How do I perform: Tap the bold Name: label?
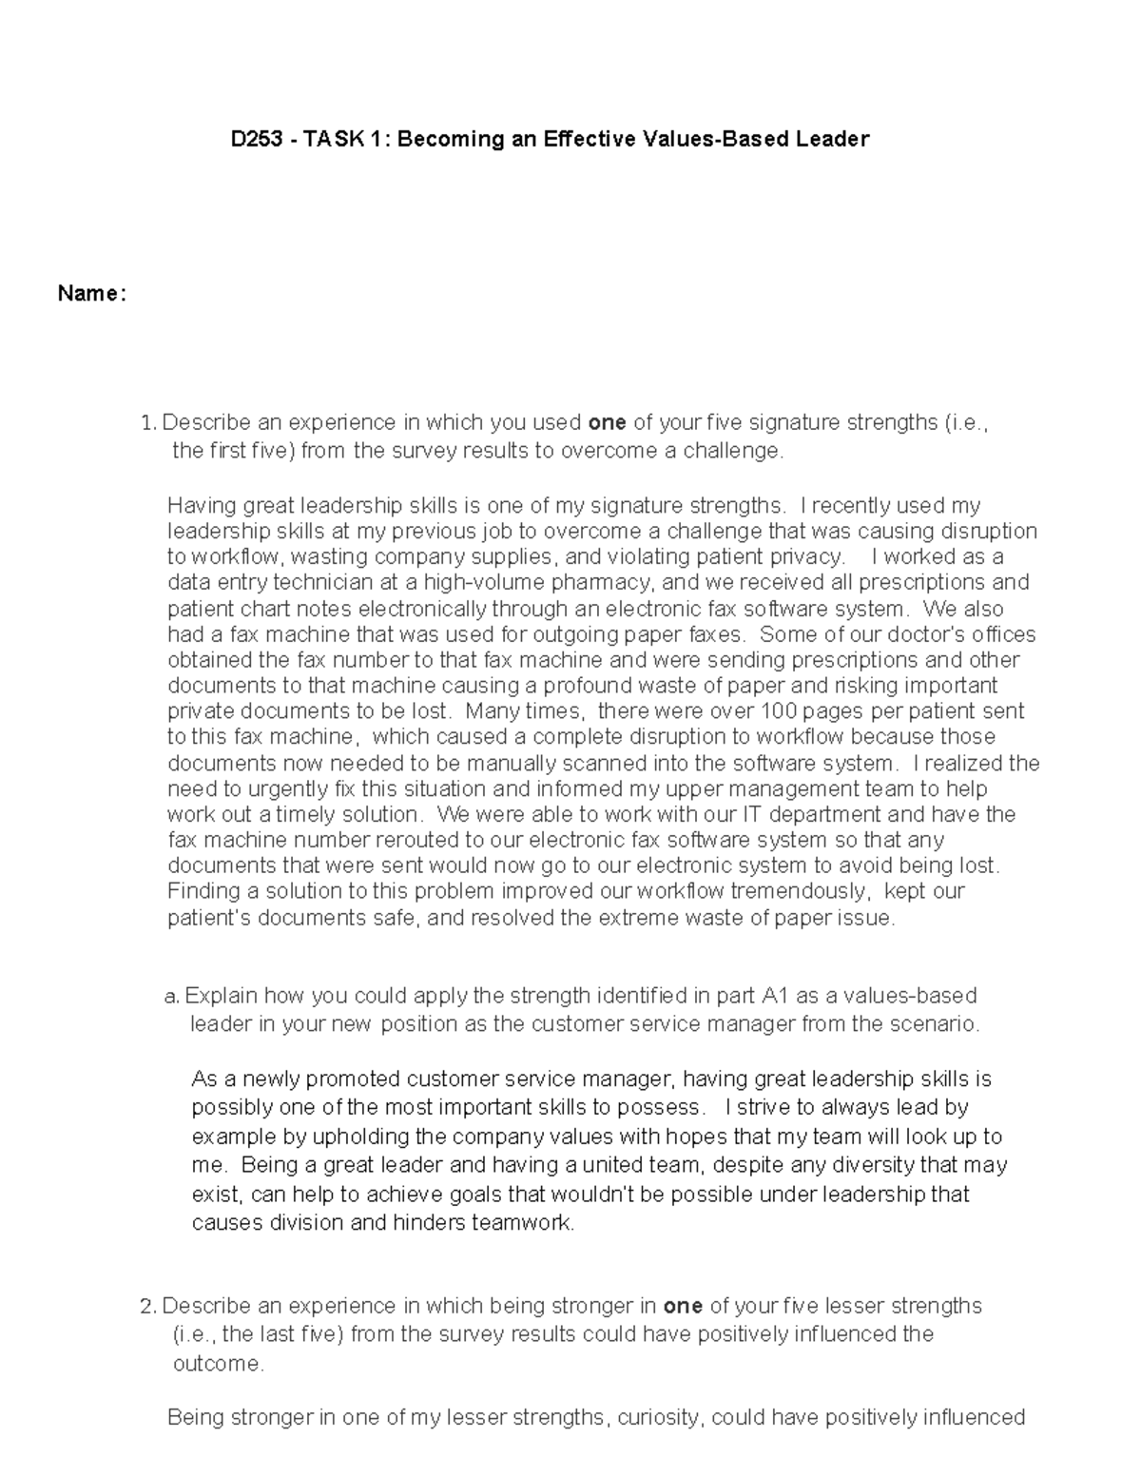(x=91, y=294)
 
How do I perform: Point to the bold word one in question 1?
(x=608, y=422)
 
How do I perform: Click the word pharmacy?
(x=594, y=582)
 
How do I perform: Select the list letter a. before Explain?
(x=171, y=997)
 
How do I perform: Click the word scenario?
(x=938, y=1024)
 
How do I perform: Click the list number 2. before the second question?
(x=148, y=1306)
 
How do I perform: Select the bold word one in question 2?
(x=683, y=1306)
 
